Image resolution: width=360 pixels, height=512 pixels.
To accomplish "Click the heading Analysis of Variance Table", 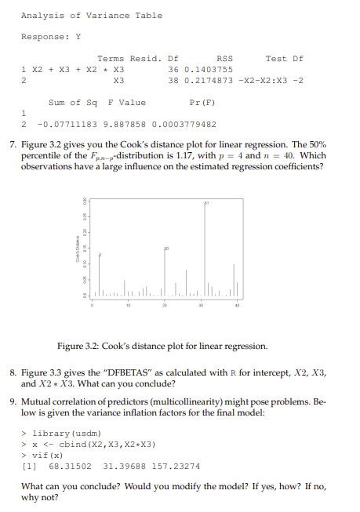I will pyautogui.click(x=92, y=15).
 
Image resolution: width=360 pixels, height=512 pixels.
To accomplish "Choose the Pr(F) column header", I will pyautogui.click(x=202, y=102).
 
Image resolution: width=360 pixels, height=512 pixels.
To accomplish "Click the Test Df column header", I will pyautogui.click(x=284, y=58).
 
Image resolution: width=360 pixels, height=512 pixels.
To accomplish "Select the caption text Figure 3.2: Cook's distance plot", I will pyautogui.click(x=162, y=346).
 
